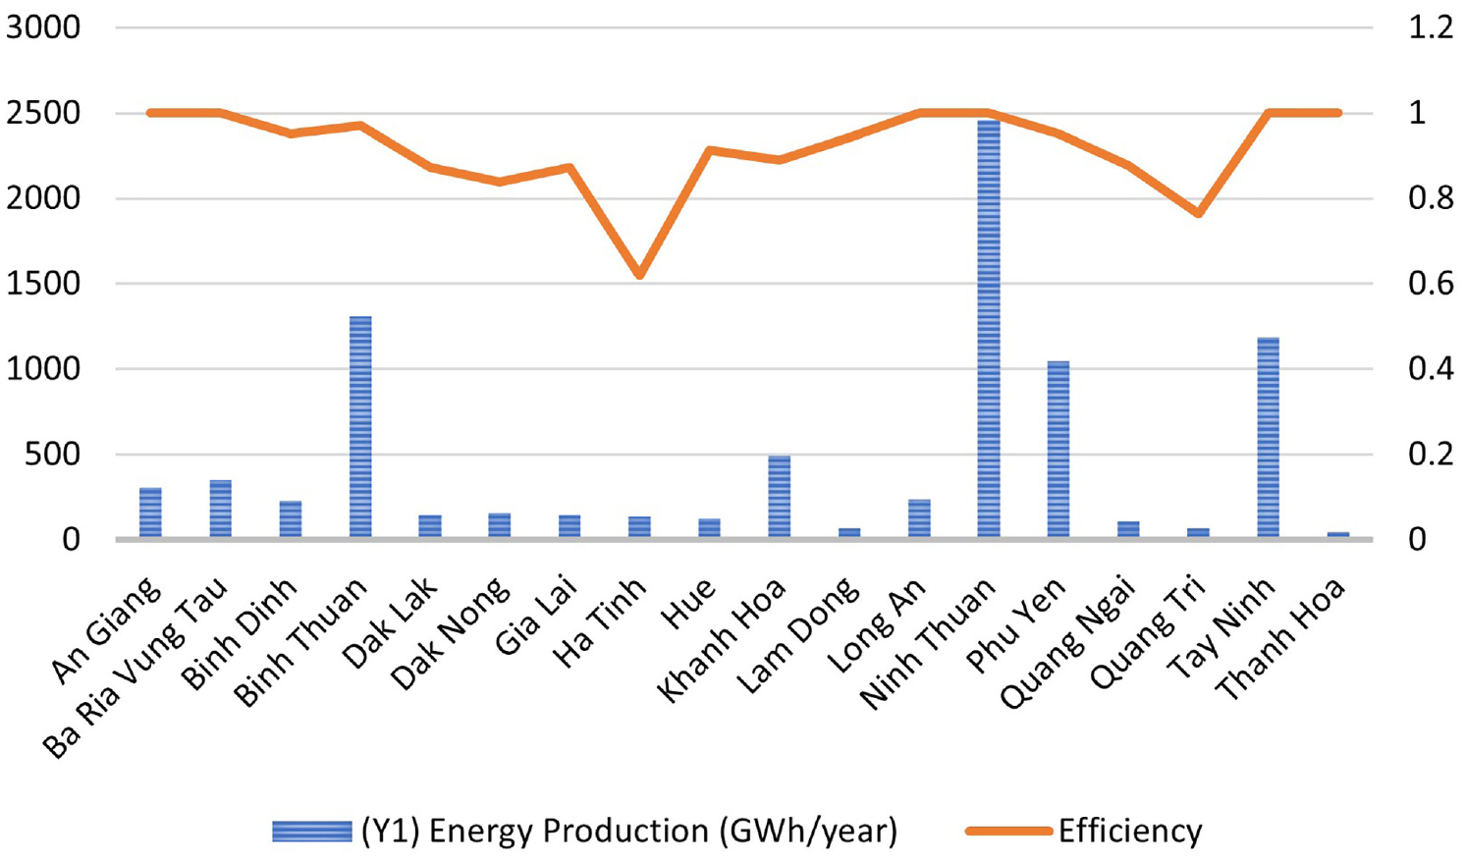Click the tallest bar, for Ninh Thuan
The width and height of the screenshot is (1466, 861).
click(x=989, y=329)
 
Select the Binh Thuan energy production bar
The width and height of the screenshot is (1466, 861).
click(x=360, y=427)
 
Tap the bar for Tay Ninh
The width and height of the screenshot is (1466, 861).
click(x=1269, y=437)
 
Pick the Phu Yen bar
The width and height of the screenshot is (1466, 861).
click(x=1059, y=449)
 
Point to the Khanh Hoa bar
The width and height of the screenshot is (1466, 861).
click(x=780, y=496)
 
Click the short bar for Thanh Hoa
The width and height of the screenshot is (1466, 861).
click(x=1338, y=534)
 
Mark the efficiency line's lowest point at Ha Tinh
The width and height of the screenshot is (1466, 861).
click(x=640, y=275)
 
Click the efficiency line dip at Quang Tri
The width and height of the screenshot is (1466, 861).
click(x=1198, y=213)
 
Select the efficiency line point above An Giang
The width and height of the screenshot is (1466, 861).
click(x=151, y=113)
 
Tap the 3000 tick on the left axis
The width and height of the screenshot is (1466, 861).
click(x=43, y=27)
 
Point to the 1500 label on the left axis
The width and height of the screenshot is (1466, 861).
click(x=43, y=284)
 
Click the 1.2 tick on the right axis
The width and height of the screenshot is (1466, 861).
click(x=1431, y=27)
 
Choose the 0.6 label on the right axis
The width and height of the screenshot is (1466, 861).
click(x=1431, y=284)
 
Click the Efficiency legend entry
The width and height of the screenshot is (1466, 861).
click(x=1084, y=831)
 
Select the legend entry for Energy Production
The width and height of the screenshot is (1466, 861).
click(x=584, y=832)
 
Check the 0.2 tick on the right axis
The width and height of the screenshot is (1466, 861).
click(x=1431, y=454)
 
